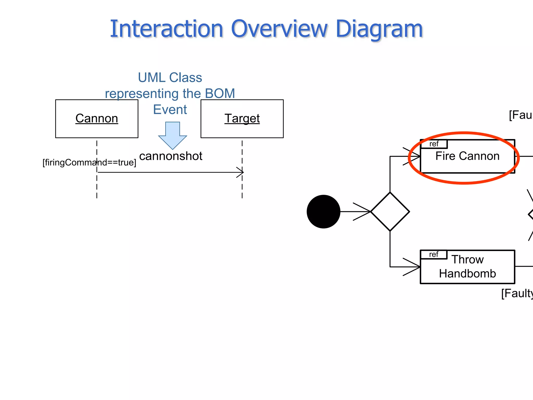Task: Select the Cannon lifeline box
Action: [97, 118]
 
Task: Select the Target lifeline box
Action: [242, 118]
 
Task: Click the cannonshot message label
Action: [171, 156]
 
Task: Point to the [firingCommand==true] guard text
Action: [89, 162]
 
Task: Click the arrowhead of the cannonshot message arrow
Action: [241, 172]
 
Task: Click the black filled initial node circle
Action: [323, 211]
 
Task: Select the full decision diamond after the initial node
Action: [390, 211]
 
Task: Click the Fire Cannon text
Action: [467, 156]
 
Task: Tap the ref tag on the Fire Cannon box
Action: [434, 144]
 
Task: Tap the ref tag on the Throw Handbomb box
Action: [434, 254]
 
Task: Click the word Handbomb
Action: [467, 274]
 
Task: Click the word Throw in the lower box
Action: [467, 259]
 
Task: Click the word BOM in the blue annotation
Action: [220, 93]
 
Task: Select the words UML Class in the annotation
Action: [170, 78]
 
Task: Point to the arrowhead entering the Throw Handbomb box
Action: [416, 267]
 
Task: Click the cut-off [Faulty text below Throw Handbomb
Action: [517, 293]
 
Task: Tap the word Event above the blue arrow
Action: [170, 109]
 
